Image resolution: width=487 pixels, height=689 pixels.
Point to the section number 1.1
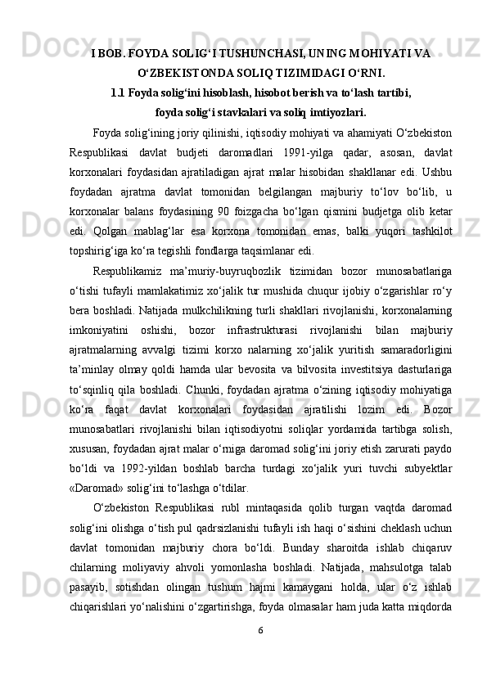pyautogui.click(x=118, y=91)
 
